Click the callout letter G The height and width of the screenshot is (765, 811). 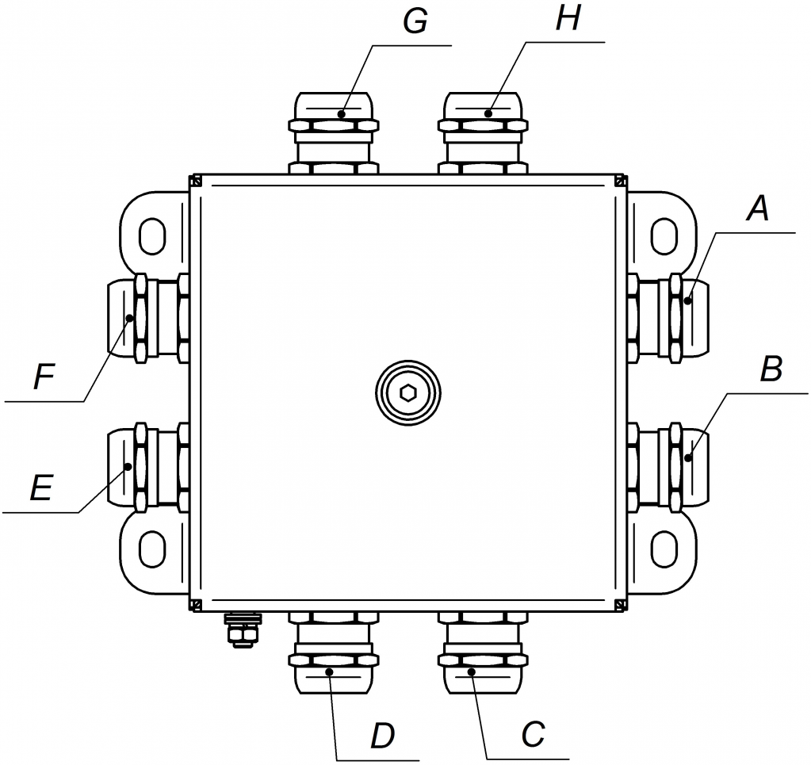pyautogui.click(x=415, y=22)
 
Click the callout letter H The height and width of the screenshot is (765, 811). pyautogui.click(x=568, y=19)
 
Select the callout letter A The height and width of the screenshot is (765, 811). pyautogui.click(x=758, y=209)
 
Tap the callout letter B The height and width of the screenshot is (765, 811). pyautogui.click(x=771, y=369)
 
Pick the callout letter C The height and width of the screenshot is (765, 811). pyautogui.click(x=534, y=735)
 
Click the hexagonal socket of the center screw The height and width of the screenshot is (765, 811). pyautogui.click(x=408, y=392)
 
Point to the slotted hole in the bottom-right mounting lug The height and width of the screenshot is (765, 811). pyautogui.click(x=664, y=548)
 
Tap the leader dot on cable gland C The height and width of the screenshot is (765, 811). pyautogui.click(x=471, y=672)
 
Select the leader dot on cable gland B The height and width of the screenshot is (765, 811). pyautogui.click(x=687, y=457)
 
